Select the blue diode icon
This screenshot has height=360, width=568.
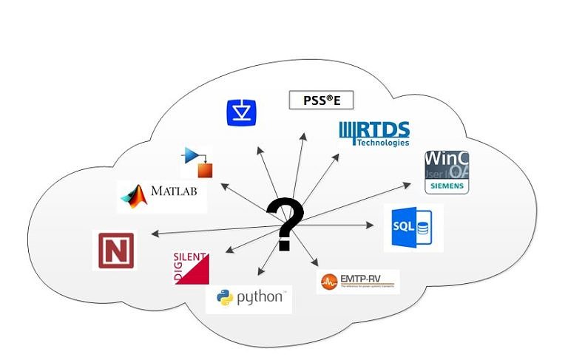pos(242,110)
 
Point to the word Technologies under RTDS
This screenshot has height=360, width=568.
pos(382,143)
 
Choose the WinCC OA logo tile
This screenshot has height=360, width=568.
pos(446,171)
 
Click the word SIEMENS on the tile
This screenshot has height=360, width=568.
pos(446,186)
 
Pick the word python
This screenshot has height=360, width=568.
pos(260,297)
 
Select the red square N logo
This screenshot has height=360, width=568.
pos(116,250)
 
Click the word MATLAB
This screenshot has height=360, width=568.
pos(175,191)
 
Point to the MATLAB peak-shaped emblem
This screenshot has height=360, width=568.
pos(135,196)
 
